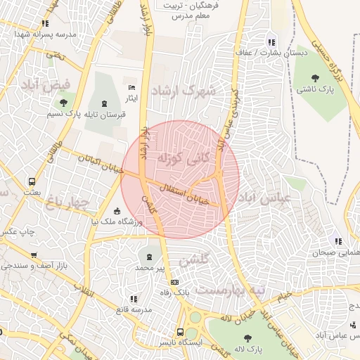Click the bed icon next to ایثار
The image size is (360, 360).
point(132,88)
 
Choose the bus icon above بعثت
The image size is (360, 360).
point(32,181)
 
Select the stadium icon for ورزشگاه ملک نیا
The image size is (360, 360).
point(117,212)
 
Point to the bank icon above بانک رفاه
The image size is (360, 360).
point(165,282)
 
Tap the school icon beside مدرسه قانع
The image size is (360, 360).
point(134,299)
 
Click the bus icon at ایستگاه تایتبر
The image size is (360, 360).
point(181,331)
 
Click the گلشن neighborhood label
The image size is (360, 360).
point(194,261)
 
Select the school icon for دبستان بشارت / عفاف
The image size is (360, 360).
point(270,42)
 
